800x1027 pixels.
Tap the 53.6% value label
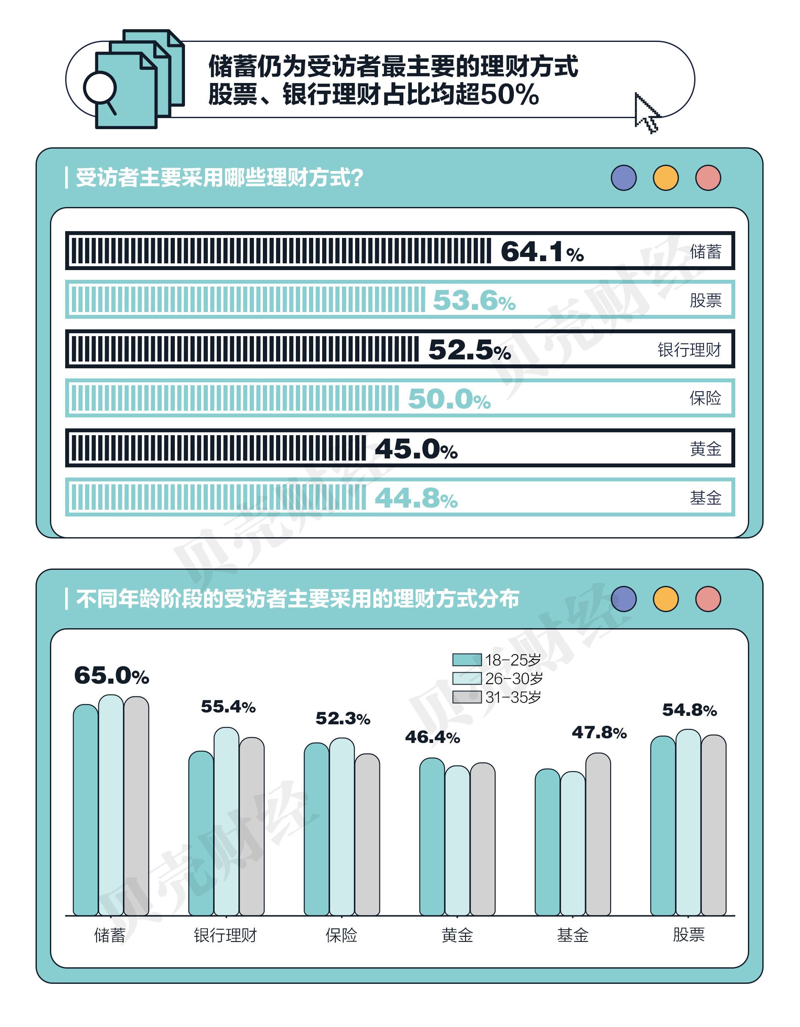(474, 300)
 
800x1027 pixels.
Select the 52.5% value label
(469, 350)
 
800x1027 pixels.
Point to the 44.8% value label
(416, 498)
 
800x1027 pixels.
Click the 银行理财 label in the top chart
(689, 350)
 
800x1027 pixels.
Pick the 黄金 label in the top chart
(705, 449)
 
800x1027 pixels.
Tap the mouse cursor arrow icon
(646, 113)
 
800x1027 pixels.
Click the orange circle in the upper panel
(665, 178)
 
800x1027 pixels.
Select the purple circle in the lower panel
(623, 599)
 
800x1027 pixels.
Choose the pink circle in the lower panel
(708, 599)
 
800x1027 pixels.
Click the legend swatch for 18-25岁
(466, 660)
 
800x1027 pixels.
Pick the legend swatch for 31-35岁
(466, 696)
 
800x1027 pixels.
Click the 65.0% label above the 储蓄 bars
(111, 675)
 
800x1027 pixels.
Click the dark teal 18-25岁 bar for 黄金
(432, 837)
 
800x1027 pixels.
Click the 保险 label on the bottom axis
(342, 935)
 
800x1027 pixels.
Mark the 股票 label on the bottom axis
(689, 934)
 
